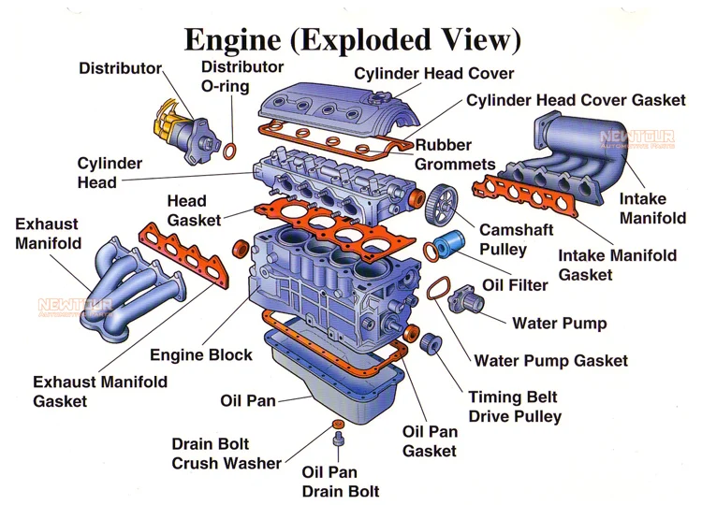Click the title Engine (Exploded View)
pos(352,39)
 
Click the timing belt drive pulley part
pos(431,343)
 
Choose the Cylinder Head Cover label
pos(433,74)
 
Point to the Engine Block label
pos(201,354)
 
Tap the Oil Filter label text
pos(515,284)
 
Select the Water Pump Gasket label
pos(551,360)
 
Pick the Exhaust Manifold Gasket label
pos(100,391)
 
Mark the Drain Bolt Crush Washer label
pos(227,454)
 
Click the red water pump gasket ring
pos(437,291)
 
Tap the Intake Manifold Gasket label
pos(617,264)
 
